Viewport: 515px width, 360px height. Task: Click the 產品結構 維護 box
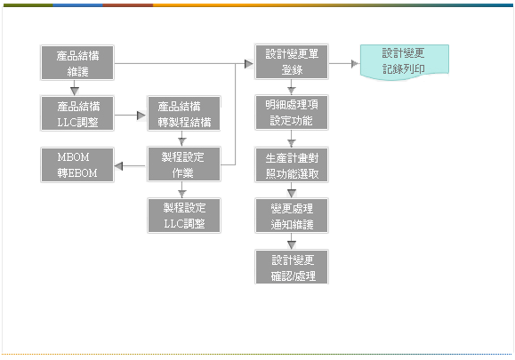coord(77,63)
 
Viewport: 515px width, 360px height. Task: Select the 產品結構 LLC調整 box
coord(77,114)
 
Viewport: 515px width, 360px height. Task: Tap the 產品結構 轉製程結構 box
coord(184,114)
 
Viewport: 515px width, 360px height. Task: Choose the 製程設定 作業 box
coord(184,164)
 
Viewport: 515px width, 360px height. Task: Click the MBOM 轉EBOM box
coord(77,164)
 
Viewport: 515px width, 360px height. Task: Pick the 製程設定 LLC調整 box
coord(184,216)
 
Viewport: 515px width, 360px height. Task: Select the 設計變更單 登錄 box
coord(292,61)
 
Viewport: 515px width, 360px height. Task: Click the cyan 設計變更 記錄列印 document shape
coord(405,62)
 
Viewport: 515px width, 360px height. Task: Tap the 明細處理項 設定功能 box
coord(292,113)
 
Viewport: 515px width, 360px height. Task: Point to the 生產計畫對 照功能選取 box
coord(292,165)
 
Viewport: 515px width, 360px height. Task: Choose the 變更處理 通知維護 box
coord(292,216)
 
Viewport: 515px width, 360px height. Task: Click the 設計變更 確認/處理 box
coord(292,267)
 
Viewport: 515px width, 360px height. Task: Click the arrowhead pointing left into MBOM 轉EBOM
coord(118,166)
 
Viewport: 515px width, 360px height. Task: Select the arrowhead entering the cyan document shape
coord(355,64)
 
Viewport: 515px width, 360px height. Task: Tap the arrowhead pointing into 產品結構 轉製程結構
coord(141,116)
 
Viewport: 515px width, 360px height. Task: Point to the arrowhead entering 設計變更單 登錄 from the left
coord(249,64)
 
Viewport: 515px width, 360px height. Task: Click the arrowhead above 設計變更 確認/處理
coord(292,244)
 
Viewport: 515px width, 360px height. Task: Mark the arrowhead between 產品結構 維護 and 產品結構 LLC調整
coord(75,91)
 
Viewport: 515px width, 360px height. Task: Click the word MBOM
coord(73,157)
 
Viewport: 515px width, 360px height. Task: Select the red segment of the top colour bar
coord(128,5)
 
